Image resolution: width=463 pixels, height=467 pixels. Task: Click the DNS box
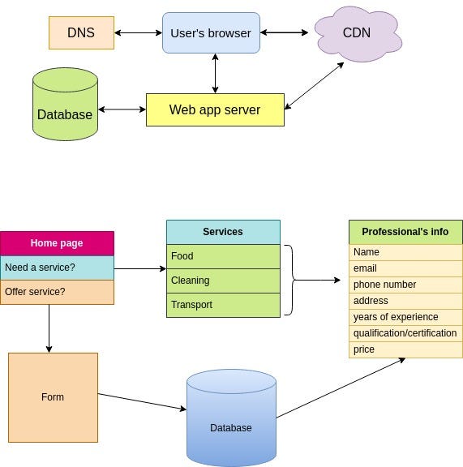coord(81,32)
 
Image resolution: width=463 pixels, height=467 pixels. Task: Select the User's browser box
coord(211,33)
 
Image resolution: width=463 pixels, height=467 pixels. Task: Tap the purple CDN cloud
coord(356,33)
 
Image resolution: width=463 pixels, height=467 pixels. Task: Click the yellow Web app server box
coord(215,109)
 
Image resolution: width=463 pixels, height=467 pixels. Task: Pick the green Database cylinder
coord(65,109)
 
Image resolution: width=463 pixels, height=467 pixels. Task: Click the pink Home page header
coord(57,242)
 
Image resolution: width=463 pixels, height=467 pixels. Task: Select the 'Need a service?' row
coord(57,267)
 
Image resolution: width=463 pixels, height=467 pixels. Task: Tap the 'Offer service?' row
coord(57,291)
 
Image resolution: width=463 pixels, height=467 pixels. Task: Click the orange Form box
coord(53,397)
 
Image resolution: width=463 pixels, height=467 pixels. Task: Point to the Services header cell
coord(223,232)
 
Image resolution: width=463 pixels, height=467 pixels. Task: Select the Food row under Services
coord(223,256)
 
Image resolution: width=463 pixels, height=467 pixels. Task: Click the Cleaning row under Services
coord(223,281)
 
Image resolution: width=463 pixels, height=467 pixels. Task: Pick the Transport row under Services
coord(223,305)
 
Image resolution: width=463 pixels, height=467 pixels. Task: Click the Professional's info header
coord(405,232)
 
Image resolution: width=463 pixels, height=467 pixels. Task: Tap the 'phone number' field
coord(405,285)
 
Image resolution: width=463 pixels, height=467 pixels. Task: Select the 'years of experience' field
coord(405,317)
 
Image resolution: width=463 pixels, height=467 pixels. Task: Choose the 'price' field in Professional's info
coord(405,349)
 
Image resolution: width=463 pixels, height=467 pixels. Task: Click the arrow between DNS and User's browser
coord(138,33)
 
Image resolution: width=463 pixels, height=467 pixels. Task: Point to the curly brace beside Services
coord(293,281)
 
